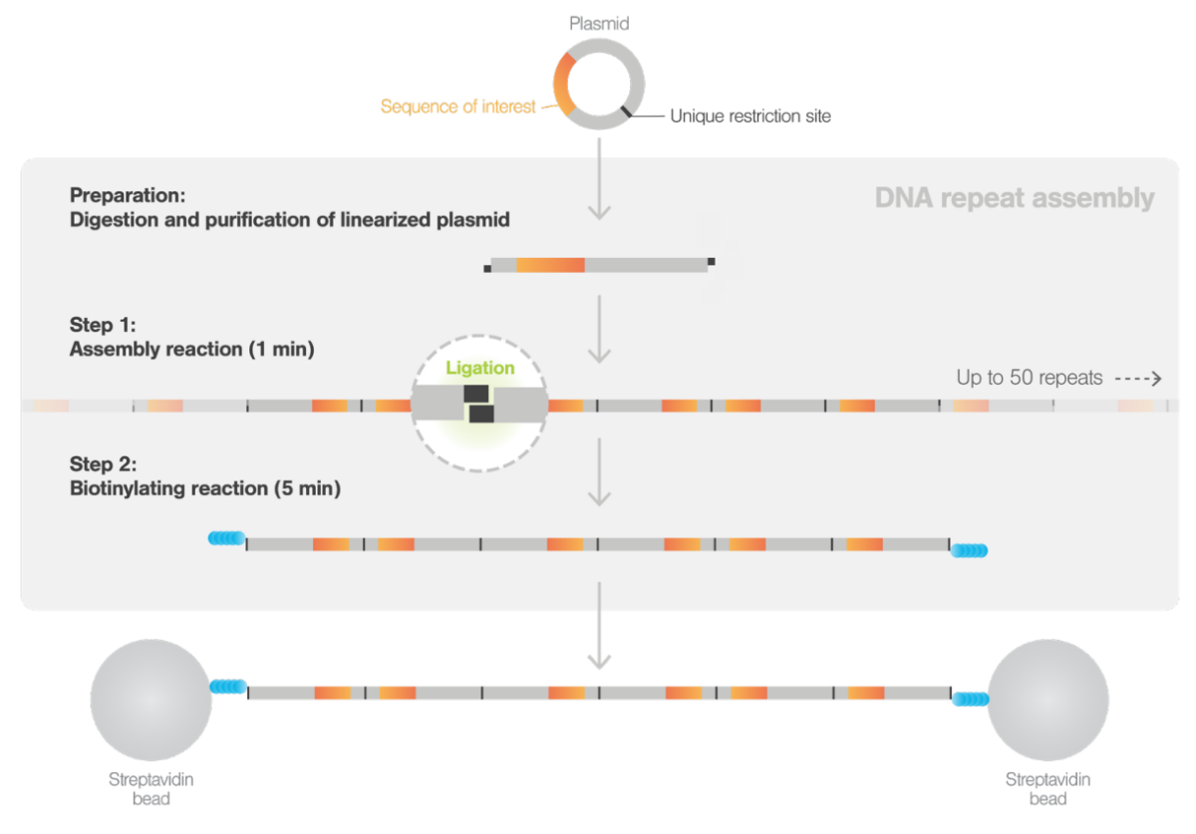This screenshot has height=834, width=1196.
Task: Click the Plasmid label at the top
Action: point(599,23)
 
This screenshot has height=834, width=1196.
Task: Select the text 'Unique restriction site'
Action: point(749,116)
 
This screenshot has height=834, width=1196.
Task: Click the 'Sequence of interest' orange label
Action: point(458,107)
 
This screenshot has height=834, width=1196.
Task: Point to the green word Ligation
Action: point(480,368)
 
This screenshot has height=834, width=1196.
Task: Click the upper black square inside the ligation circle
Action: point(474,395)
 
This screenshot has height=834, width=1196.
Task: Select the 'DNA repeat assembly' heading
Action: point(1014,198)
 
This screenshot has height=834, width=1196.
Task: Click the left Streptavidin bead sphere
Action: point(150,700)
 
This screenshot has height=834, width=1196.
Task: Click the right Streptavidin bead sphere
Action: point(1047,700)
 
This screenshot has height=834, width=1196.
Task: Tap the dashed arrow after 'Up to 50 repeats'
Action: point(1138,379)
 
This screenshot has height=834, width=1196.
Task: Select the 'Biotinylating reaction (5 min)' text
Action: point(205,489)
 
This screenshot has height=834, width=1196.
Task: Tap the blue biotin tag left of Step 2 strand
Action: point(225,539)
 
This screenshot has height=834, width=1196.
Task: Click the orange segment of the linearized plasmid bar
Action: point(550,265)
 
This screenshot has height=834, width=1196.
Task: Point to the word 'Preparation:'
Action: point(128,195)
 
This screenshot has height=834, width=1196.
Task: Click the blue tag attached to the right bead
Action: point(969,699)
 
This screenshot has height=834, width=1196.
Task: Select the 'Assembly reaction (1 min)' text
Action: point(192,350)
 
